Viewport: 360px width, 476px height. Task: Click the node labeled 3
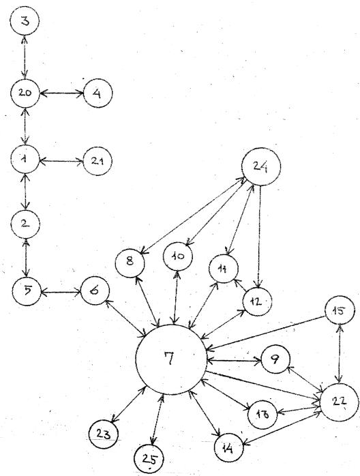click(25, 21)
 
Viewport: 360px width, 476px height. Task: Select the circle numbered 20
click(25, 93)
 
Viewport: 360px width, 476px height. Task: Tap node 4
click(97, 93)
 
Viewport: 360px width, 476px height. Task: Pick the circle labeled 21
click(97, 161)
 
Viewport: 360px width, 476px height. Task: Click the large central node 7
click(171, 359)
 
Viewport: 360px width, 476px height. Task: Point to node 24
click(261, 166)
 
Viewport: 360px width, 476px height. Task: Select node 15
click(340, 310)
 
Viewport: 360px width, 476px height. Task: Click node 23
click(104, 434)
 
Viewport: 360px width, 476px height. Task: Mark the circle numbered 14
click(229, 447)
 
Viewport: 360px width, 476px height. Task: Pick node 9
click(275, 359)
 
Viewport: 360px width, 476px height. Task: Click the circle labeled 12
click(257, 301)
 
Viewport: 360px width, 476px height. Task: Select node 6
click(95, 291)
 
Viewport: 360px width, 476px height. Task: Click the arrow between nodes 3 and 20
click(25, 57)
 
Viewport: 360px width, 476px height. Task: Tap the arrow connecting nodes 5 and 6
click(60, 293)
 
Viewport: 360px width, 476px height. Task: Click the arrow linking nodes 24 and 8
click(193, 215)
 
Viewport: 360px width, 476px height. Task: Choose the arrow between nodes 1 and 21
click(61, 161)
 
